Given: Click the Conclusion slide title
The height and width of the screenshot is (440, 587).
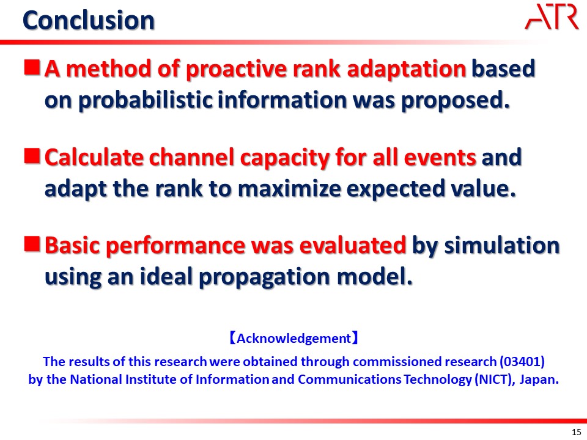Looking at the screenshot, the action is [x=88, y=20].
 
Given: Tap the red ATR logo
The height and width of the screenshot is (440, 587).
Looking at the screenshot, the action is [x=552, y=16].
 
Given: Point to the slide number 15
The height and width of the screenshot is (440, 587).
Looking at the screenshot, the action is [x=577, y=432].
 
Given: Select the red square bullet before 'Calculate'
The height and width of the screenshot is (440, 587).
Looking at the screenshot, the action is [x=32, y=156].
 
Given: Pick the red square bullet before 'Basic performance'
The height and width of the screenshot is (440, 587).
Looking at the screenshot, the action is [x=32, y=244].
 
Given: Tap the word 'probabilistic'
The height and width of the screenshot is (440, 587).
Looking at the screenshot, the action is [x=146, y=100].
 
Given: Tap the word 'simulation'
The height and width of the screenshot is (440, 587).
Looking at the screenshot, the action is [x=501, y=246].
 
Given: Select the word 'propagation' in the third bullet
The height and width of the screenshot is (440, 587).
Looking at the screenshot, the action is [x=264, y=277].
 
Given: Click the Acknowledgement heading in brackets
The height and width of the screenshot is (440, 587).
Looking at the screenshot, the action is [x=294, y=338].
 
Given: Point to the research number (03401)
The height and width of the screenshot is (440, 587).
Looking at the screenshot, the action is [x=522, y=361].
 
